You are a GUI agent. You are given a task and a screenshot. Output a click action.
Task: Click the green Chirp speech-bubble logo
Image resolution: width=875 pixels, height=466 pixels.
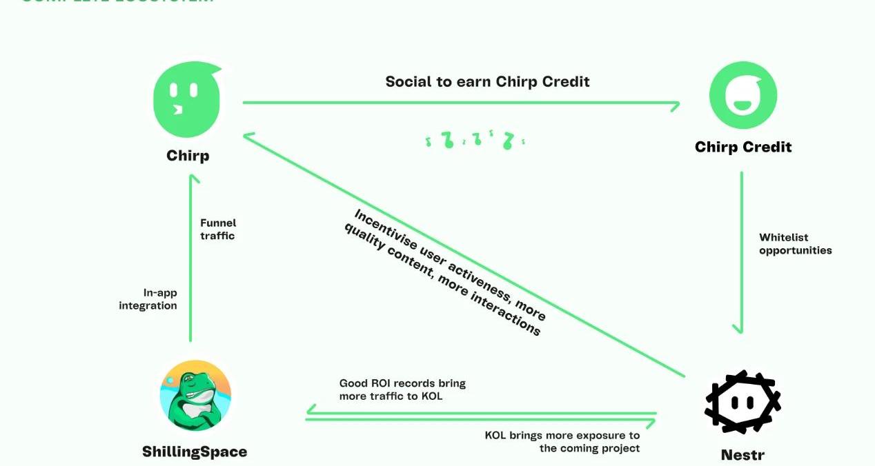(187, 101)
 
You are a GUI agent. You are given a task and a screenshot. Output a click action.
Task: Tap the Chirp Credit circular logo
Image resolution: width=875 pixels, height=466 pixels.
(743, 97)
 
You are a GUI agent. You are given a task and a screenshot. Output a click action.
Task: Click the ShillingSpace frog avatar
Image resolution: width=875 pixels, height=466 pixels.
(195, 396)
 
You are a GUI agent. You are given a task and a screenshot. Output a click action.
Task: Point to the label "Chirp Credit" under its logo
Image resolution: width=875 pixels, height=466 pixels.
(743, 147)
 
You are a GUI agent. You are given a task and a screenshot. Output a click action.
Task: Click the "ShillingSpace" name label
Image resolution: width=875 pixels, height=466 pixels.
(195, 452)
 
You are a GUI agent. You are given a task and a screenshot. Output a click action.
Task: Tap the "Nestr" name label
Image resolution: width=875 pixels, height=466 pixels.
(743, 455)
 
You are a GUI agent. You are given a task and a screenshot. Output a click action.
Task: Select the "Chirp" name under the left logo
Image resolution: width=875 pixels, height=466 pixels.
(188, 156)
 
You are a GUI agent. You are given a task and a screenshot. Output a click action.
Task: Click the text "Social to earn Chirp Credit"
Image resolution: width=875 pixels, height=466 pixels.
(487, 81)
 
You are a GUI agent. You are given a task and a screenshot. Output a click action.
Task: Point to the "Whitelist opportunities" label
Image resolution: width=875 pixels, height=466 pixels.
(795, 244)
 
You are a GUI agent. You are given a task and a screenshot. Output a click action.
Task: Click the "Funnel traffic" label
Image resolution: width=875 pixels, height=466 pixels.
(217, 230)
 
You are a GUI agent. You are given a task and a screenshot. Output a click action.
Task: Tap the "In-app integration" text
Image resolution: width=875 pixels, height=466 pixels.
(148, 299)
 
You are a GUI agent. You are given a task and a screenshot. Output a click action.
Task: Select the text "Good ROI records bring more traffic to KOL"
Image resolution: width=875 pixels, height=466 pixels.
(402, 389)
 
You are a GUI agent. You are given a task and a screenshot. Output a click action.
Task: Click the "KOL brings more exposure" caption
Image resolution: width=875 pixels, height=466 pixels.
(562, 442)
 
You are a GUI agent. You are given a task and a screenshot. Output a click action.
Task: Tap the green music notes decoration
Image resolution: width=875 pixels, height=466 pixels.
(475, 140)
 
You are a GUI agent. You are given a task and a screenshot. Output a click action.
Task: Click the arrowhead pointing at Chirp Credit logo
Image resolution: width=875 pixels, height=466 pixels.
(674, 105)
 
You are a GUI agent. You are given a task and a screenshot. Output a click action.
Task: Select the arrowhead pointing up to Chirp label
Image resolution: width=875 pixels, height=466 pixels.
(194, 179)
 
